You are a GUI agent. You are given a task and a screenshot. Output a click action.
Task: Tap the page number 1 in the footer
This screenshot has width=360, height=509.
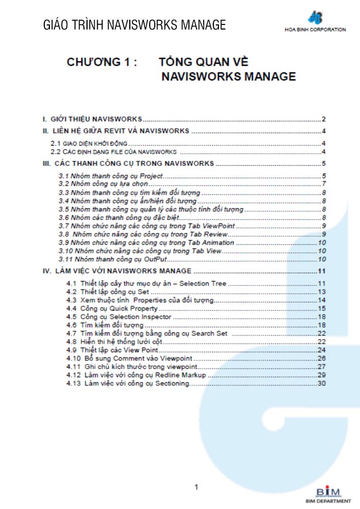pos(196,487)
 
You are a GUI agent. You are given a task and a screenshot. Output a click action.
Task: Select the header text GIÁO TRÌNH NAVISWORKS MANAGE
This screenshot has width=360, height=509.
pos(134,24)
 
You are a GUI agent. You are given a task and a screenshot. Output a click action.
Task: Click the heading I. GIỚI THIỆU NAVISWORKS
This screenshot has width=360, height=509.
pos(92,119)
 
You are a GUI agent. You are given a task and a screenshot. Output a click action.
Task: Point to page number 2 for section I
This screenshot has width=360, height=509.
pos(323,119)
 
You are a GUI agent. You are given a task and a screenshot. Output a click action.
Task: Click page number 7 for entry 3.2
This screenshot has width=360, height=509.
pos(323,184)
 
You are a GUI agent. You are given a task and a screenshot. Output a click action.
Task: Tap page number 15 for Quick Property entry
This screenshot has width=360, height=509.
pos(321,308)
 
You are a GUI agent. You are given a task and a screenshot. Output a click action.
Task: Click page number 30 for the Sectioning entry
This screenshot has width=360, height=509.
pos(321,383)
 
